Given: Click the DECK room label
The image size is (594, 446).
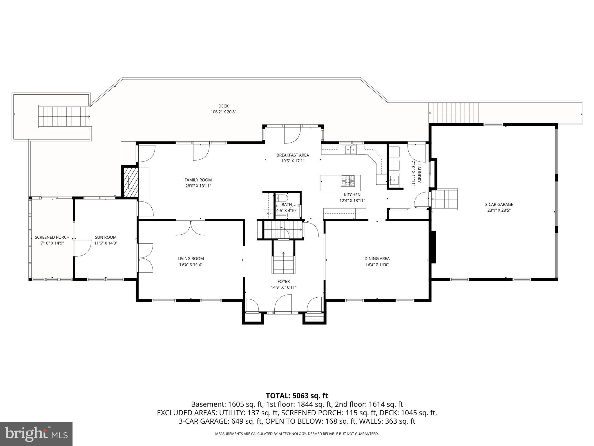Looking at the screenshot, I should pyautogui.click(x=223, y=106).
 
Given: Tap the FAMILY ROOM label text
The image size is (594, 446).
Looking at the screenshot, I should pyautogui.click(x=198, y=180).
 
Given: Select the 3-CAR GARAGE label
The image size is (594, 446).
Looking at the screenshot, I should pyautogui.click(x=499, y=204).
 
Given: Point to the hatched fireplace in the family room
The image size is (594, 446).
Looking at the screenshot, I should pyautogui.click(x=130, y=182).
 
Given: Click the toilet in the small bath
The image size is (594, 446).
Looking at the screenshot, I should pyautogui.click(x=282, y=199).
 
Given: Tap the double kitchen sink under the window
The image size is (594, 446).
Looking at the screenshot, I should pyautogui.click(x=351, y=150).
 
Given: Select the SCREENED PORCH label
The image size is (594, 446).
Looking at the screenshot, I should pyautogui.click(x=52, y=237).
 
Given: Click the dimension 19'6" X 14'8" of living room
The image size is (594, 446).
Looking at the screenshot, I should pyautogui.click(x=191, y=265).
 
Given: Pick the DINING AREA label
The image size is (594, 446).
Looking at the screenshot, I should pyautogui.click(x=377, y=258).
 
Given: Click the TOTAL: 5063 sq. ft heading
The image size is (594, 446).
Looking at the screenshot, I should pyautogui.click(x=297, y=396).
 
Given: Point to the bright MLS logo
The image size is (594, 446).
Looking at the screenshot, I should pyautogui.click(x=36, y=434).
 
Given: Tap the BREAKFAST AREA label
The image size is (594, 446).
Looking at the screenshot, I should pyautogui.click(x=292, y=155).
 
